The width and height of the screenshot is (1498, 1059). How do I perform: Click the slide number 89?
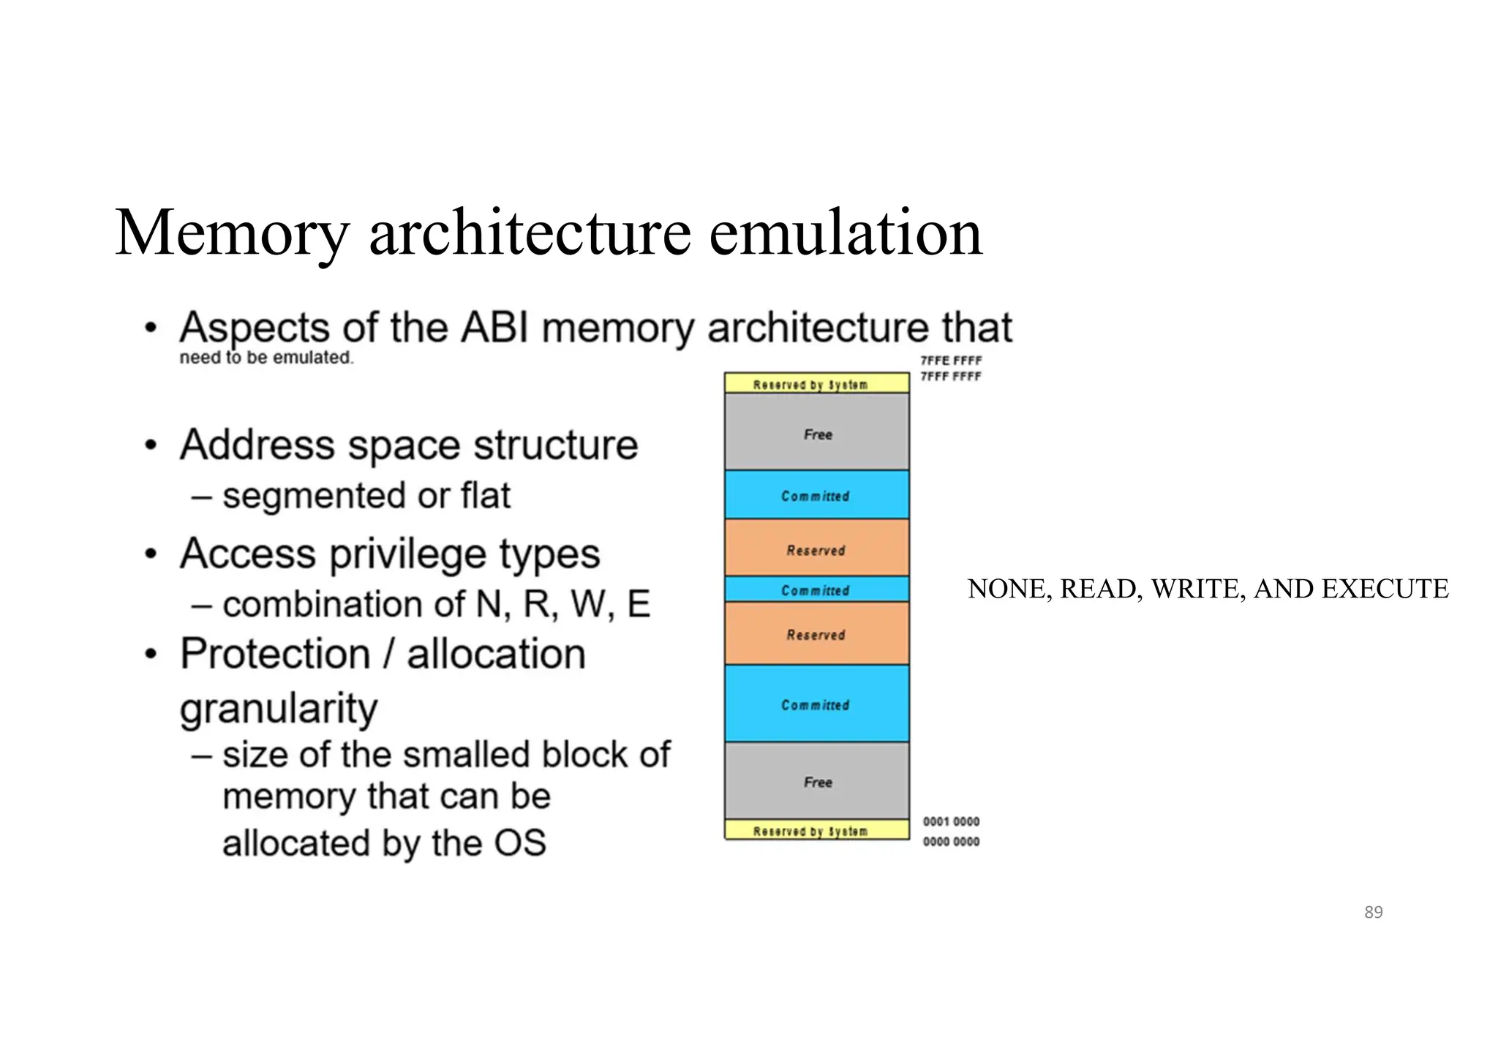point(1373,912)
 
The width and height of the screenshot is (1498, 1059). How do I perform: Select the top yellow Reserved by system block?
point(816,383)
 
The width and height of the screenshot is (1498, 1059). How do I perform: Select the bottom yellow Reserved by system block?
point(816,830)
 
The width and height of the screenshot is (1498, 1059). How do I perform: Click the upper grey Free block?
point(817,433)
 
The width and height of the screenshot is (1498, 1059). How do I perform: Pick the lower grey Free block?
point(817,781)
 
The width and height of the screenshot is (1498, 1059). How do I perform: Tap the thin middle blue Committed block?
point(816,589)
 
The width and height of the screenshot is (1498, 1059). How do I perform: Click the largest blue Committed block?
point(816,704)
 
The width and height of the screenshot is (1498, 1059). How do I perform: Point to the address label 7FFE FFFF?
point(951,361)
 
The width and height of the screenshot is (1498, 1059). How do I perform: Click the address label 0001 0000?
point(951,821)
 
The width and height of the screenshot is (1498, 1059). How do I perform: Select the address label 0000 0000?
point(951,841)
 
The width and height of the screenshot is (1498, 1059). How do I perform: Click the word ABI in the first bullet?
point(494,328)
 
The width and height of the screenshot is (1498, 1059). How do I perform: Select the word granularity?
point(279,708)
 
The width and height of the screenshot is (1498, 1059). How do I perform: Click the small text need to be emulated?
point(266,358)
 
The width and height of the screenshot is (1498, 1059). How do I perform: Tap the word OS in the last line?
point(519,843)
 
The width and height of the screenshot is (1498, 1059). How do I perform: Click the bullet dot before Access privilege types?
point(151,554)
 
